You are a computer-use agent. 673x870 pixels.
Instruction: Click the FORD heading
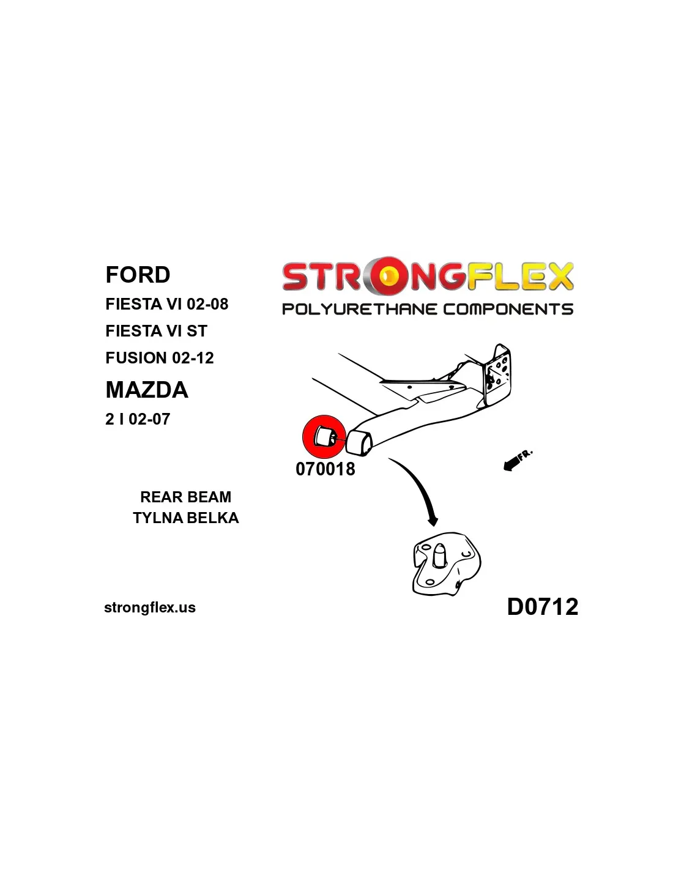[x=138, y=275]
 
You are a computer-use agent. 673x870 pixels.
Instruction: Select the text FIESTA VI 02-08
[x=166, y=304]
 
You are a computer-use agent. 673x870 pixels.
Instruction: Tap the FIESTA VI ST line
[x=156, y=331]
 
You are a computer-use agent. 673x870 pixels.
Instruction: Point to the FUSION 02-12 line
[x=159, y=358]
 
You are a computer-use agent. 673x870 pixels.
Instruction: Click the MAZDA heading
[x=147, y=390]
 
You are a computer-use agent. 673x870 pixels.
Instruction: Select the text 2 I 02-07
[x=137, y=419]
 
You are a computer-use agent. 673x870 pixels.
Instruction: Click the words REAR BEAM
[x=186, y=497]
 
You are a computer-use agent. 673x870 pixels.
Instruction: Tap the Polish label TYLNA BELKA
[x=186, y=518]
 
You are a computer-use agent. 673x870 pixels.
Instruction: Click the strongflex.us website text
[x=150, y=608]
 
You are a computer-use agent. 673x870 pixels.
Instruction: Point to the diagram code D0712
[x=543, y=606]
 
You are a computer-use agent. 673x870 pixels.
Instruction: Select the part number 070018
[x=325, y=469]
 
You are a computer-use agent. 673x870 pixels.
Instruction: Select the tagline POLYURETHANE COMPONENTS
[x=428, y=309]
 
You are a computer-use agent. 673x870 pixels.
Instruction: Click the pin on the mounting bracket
[x=439, y=554]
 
